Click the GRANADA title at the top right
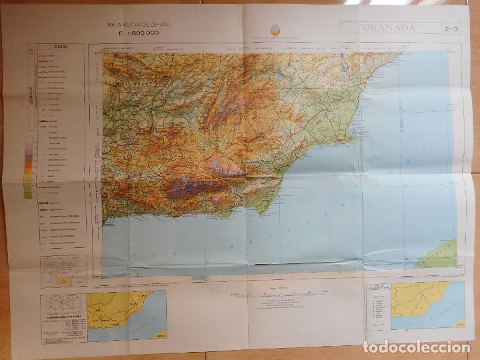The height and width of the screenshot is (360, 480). tap(389, 28)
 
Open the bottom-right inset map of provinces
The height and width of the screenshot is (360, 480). tap(427, 305)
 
